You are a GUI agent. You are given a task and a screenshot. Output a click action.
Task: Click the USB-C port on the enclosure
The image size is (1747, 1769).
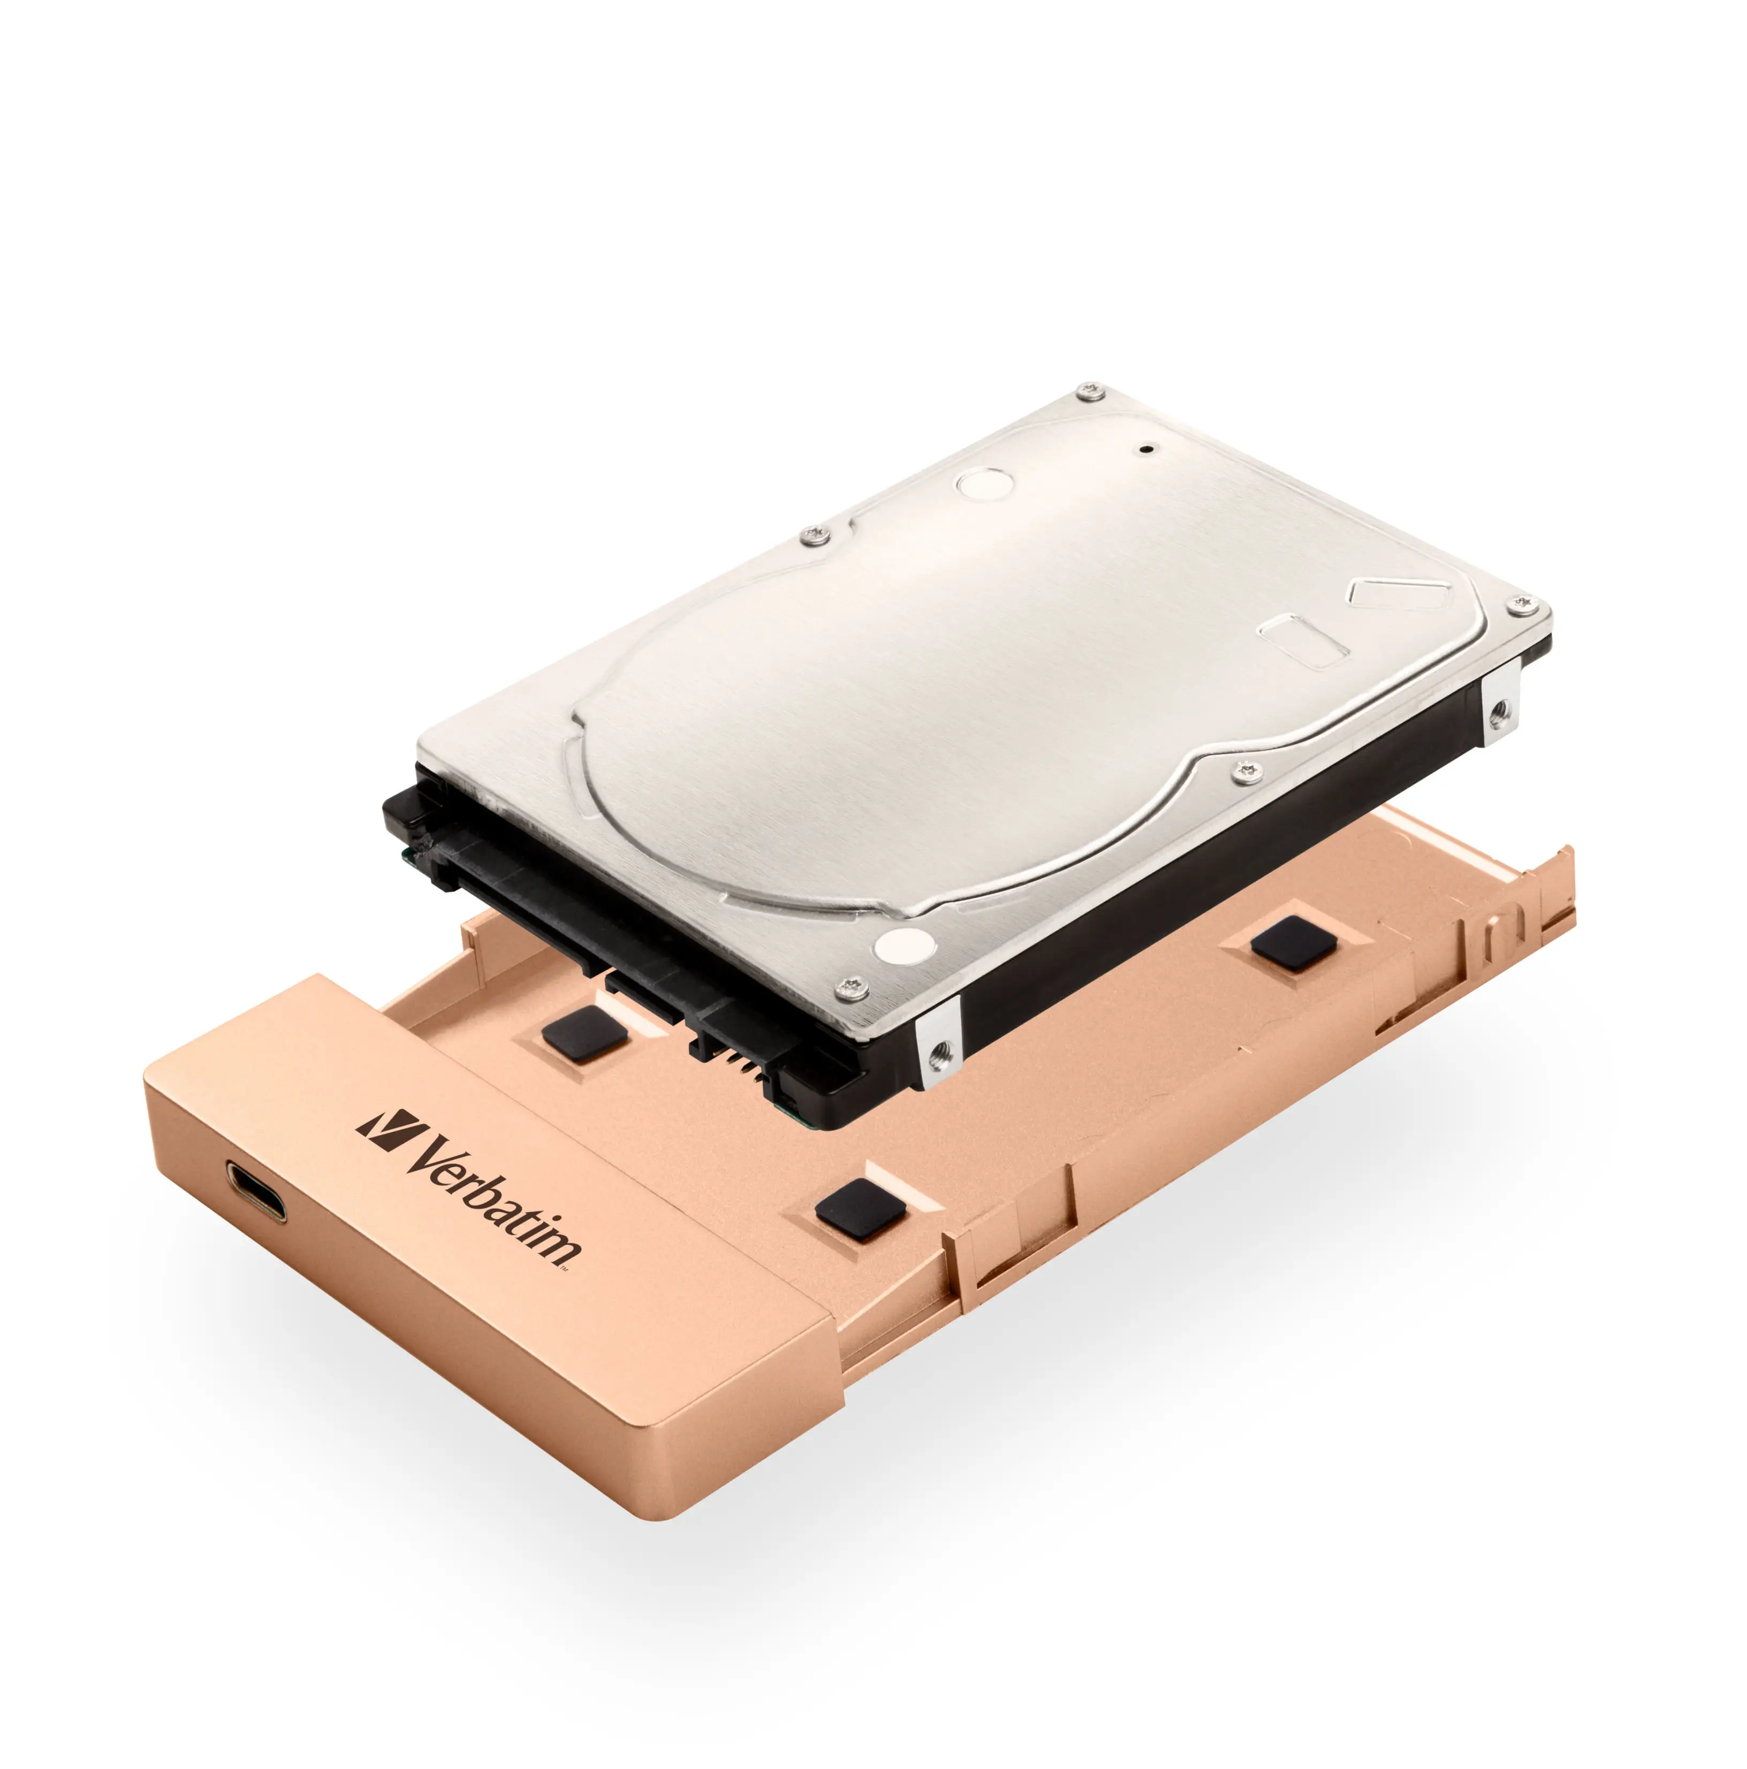[255, 1191]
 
